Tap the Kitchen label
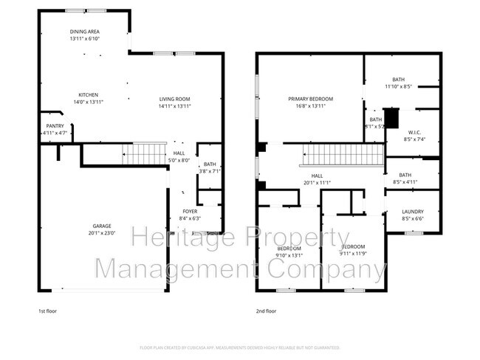89,94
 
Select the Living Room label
175,98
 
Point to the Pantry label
55,125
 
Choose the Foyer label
190,211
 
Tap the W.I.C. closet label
414,132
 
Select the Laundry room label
413,212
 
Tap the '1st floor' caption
48,311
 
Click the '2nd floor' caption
267,311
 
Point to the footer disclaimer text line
239,347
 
